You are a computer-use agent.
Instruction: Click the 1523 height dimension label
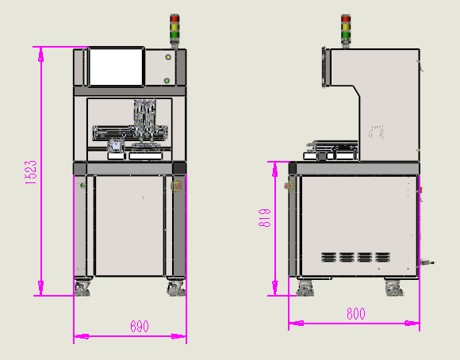click(x=31, y=172)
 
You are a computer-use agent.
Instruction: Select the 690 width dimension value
click(x=140, y=326)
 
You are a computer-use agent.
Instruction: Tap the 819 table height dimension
click(x=264, y=218)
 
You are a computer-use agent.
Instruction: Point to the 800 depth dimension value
click(x=356, y=314)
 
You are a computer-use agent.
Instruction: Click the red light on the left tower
click(x=174, y=19)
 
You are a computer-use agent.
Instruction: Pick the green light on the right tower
click(x=346, y=35)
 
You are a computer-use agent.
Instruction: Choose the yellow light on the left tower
click(x=174, y=27)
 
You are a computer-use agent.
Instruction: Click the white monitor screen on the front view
click(x=116, y=67)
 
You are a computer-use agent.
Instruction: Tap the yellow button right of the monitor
click(x=168, y=57)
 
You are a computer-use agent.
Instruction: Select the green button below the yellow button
click(x=167, y=80)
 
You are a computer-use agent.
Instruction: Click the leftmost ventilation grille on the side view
click(x=328, y=257)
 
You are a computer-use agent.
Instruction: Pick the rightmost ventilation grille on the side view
click(x=382, y=257)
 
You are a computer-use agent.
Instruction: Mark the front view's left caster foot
click(x=82, y=288)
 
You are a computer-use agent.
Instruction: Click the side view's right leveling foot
click(x=393, y=288)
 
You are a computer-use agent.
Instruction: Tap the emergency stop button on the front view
click(x=176, y=186)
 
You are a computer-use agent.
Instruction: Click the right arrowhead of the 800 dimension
click(x=412, y=323)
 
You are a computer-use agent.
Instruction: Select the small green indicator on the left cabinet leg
click(x=83, y=185)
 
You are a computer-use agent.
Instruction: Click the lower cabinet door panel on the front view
click(x=129, y=225)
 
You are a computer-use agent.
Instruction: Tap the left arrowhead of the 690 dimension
click(x=81, y=336)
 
